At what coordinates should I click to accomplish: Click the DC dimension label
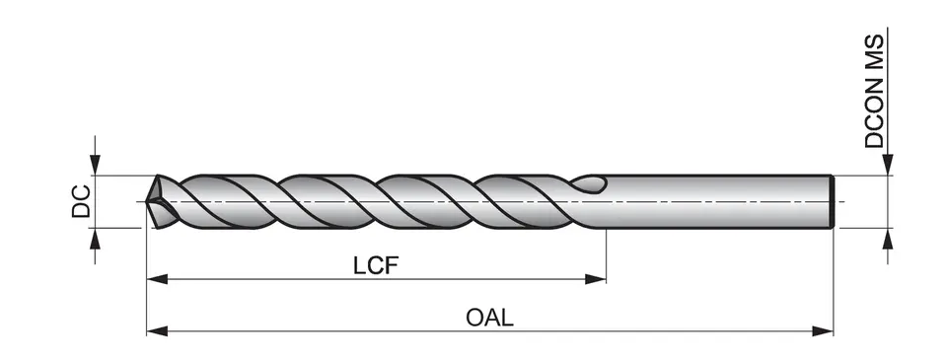[x=84, y=201]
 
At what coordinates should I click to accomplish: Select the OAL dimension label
[x=490, y=319]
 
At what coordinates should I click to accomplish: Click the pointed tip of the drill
[x=148, y=202]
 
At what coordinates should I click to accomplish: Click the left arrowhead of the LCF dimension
[x=155, y=279]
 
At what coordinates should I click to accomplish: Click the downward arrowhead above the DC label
[x=95, y=168]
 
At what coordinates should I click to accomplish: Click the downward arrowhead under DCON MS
[x=889, y=167]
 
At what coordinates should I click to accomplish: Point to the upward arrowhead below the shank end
[x=889, y=237]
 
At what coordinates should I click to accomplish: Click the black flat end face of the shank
[x=835, y=201]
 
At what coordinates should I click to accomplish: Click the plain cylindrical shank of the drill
[x=720, y=201]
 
